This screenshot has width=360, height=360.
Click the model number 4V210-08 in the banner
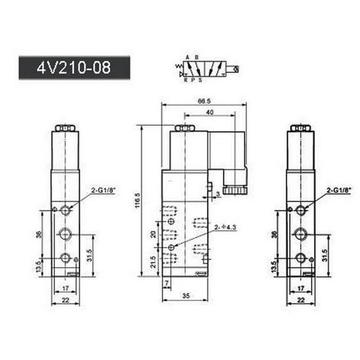tap(74, 67)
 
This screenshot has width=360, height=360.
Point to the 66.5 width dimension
tap(203, 100)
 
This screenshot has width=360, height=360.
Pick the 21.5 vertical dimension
tap(153, 261)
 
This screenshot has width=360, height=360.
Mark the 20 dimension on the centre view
tap(153, 234)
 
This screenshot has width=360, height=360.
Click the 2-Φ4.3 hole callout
tap(224, 227)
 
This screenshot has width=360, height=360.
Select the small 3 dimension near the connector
tap(217, 195)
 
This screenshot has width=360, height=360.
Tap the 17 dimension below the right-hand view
tap(301, 289)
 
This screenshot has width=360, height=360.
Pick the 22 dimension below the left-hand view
tap(66, 300)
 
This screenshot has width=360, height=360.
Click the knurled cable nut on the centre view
tap(236, 187)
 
